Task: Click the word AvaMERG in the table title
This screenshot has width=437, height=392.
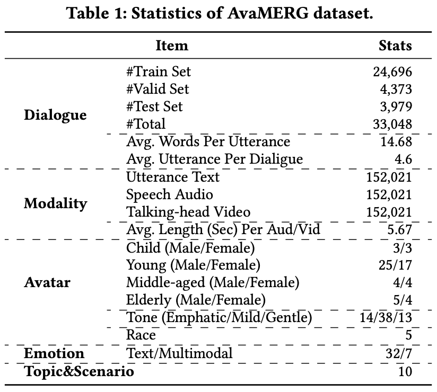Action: [267, 13]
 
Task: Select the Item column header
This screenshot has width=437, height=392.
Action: [172, 46]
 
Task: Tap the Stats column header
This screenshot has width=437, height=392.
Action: [395, 46]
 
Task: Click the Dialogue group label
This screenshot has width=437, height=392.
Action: [55, 115]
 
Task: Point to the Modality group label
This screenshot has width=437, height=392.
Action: [56, 203]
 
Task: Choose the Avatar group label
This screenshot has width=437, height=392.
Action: [47, 282]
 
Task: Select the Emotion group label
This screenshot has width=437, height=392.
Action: [54, 353]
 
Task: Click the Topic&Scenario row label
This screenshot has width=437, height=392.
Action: [79, 371]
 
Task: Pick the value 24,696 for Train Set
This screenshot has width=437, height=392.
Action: [392, 72]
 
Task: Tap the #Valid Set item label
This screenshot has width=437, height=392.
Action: [158, 89]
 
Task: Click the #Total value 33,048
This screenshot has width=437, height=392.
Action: [392, 124]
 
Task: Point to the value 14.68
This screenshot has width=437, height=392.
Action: [396, 142]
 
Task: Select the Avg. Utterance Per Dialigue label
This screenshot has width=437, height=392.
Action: [215, 159]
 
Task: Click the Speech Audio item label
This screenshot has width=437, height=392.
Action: [170, 194]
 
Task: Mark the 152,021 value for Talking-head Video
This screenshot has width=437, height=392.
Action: [389, 212]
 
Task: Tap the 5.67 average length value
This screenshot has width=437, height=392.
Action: [400, 230]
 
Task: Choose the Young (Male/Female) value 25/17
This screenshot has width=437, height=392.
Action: [395, 265]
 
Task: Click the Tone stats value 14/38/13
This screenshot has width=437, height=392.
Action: [386, 317]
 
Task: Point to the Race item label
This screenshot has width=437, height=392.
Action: [141, 335]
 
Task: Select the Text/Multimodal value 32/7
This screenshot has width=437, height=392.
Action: [399, 353]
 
